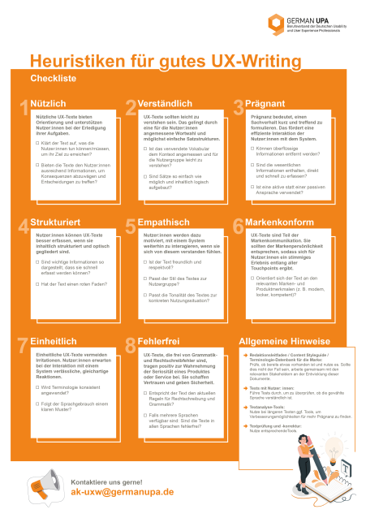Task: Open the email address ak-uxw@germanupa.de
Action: tap(123, 492)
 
